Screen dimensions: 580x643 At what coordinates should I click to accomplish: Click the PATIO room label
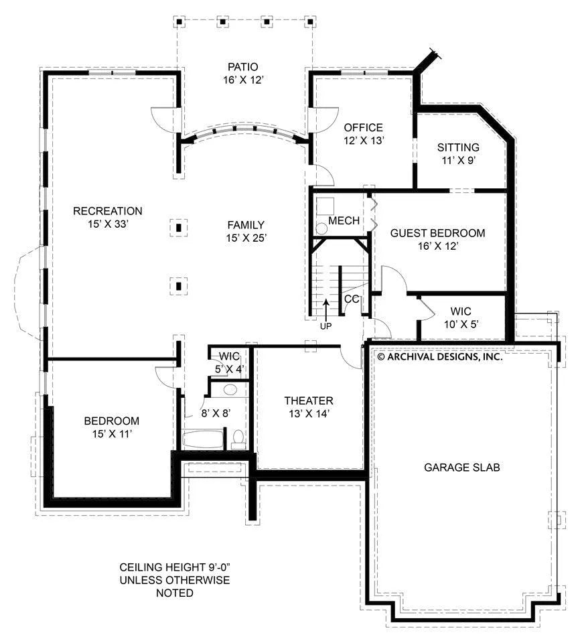243,67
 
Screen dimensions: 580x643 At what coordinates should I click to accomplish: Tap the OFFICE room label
364,127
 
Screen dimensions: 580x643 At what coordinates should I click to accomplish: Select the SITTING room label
458,147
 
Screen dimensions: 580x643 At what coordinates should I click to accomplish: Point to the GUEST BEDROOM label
437,233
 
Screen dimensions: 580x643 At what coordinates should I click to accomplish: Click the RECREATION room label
108,211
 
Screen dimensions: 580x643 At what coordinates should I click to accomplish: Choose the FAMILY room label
246,225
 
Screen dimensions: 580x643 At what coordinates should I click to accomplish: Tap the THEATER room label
309,401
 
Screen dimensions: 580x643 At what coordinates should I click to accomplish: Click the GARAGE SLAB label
462,468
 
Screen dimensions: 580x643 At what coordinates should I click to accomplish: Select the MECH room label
344,220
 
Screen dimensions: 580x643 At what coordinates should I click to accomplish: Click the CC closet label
352,299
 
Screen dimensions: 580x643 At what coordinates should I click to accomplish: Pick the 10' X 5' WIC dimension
461,324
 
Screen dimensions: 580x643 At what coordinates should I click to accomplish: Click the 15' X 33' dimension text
108,224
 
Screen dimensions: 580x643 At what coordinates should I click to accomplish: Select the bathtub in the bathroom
203,440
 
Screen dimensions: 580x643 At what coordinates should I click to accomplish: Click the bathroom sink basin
230,390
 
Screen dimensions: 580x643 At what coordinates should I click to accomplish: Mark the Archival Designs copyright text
440,357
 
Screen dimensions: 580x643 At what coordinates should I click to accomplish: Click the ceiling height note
175,580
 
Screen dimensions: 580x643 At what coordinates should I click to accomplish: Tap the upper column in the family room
178,228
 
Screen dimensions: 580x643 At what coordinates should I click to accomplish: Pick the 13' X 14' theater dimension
309,414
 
